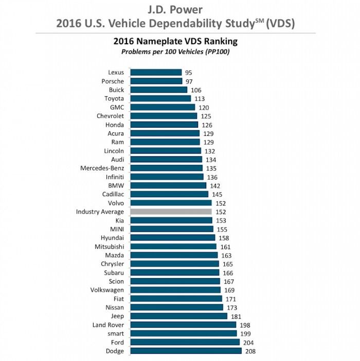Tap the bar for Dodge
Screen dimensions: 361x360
pyautogui.click(x=186, y=351)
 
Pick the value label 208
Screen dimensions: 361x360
pyautogui.click(x=250, y=351)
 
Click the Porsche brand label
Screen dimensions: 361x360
pyautogui.click(x=113, y=81)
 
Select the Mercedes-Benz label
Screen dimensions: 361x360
pyautogui.click(x=102, y=168)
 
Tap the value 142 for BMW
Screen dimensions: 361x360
pyautogui.click(x=214, y=185)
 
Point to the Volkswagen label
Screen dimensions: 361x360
pyautogui.click(x=106, y=290)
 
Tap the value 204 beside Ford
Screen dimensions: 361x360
pyautogui.click(x=248, y=342)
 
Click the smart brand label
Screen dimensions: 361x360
pyautogui.click(x=115, y=334)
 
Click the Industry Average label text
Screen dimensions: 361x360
pyautogui.click(x=100, y=212)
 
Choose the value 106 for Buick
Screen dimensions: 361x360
pyautogui.click(x=195, y=90)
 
